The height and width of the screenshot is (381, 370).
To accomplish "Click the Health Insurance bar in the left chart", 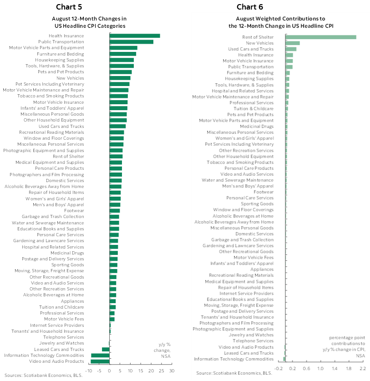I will point(135,36).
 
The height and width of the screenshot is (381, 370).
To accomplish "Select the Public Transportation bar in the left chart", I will point(132,42).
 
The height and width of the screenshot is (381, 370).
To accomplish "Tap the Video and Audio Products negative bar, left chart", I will point(100,361).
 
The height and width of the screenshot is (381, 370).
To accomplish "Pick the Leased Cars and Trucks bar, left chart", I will point(106,349).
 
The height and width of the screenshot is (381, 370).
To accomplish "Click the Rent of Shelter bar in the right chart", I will point(321,37).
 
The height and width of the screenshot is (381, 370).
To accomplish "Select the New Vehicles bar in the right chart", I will point(293,43).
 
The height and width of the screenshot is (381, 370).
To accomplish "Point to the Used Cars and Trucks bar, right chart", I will point(291,49).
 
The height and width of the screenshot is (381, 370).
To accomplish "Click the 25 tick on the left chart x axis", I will point(162,371).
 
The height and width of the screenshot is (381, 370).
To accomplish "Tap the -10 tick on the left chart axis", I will point(89,371).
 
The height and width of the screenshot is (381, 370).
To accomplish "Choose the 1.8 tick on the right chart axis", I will point(349,368).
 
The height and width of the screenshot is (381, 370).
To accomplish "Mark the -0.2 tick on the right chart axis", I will point(279,368).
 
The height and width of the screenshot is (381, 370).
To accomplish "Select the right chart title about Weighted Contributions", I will point(280,22).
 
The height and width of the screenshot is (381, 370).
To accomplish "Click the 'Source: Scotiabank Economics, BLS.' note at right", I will point(233,373).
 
